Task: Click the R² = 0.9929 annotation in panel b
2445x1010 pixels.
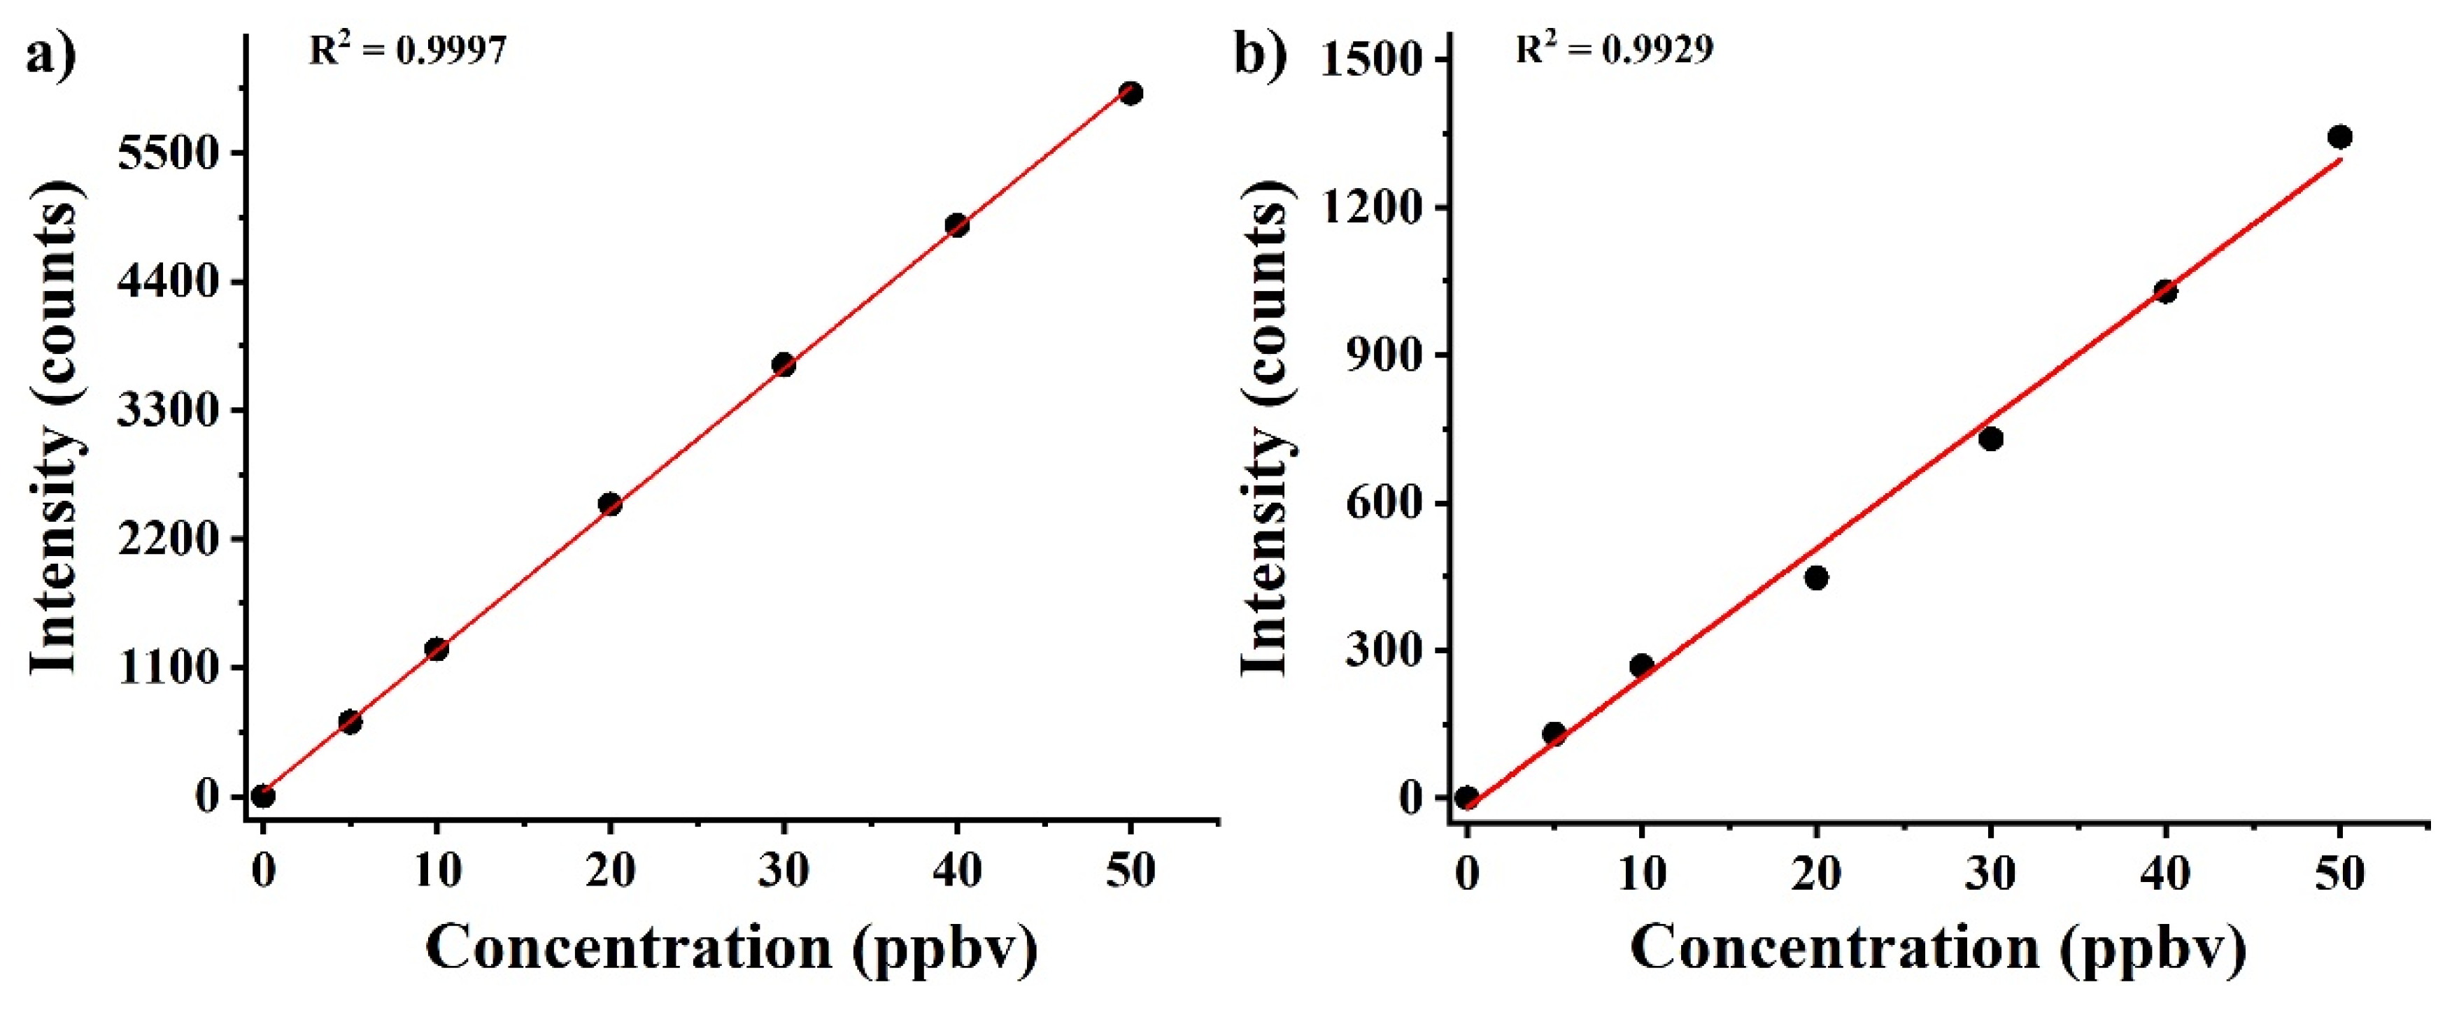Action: point(1613,48)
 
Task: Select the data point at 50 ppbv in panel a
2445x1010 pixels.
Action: point(1131,93)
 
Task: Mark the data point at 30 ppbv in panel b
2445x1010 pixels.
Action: point(1991,439)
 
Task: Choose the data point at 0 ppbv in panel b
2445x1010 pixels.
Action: point(1466,797)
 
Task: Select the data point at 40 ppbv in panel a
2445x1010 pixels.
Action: point(957,225)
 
